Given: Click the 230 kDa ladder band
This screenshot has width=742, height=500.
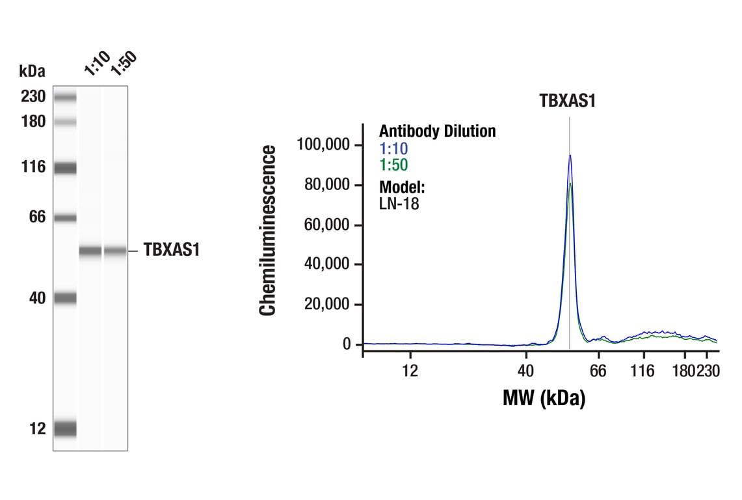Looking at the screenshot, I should (x=65, y=98).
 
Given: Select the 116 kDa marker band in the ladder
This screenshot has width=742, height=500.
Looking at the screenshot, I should (x=65, y=168).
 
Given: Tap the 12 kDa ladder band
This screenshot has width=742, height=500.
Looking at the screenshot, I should (x=65, y=428).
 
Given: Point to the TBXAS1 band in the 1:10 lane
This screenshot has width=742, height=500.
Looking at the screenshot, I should (x=90, y=251).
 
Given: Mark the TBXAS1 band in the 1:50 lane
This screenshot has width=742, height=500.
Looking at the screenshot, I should (x=115, y=251).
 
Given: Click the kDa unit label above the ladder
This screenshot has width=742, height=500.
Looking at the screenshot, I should (x=33, y=70).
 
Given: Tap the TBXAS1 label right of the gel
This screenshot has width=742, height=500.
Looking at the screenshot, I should (x=170, y=251).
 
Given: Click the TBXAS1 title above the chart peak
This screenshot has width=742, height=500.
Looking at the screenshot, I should (x=568, y=102).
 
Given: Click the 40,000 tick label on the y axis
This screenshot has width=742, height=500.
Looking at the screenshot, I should (x=326, y=264).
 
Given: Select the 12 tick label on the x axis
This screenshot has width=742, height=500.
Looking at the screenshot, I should (x=409, y=371).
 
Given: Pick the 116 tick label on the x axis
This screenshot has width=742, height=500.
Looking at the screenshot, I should (x=643, y=371).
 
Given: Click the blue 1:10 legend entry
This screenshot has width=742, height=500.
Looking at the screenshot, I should (x=393, y=149).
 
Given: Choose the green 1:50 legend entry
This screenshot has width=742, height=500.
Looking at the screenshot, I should (x=393, y=166).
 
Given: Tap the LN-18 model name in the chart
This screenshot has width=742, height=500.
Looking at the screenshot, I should (x=399, y=204).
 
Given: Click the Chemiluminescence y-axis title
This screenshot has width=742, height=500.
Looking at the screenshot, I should (x=268, y=231).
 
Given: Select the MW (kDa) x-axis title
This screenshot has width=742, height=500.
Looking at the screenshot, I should (x=544, y=397).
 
